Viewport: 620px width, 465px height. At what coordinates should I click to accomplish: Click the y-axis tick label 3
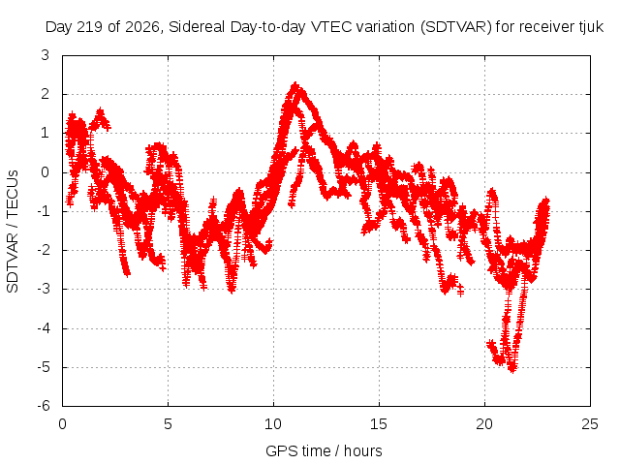(46, 55)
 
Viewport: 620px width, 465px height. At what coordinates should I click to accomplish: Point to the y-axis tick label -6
(43, 406)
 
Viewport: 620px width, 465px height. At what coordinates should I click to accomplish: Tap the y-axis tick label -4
(43, 327)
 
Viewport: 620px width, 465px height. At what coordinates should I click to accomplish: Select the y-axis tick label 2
(46, 94)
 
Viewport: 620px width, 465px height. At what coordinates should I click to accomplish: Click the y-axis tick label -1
(43, 211)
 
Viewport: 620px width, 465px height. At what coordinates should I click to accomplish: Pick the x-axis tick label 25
(590, 424)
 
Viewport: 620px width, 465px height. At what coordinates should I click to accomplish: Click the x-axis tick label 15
(379, 424)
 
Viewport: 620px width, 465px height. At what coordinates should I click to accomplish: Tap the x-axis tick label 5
(168, 424)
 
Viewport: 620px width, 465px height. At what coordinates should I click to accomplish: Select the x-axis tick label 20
(484, 424)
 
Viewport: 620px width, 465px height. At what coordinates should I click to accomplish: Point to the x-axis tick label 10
(273, 424)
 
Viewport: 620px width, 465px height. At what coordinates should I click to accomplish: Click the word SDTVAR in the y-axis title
(13, 263)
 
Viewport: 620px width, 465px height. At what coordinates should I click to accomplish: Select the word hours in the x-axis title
(363, 450)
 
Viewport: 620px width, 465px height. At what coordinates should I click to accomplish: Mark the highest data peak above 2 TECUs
(294, 84)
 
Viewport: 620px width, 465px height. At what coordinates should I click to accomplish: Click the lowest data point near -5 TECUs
(512, 369)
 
